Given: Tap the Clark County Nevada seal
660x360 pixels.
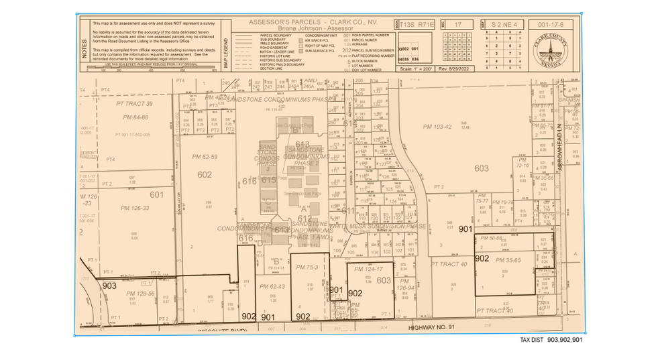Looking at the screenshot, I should [x=549, y=48].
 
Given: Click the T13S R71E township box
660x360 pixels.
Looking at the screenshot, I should [x=417, y=24].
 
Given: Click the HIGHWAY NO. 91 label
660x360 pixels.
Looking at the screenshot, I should [x=435, y=326].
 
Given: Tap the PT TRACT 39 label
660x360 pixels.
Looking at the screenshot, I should [x=134, y=104].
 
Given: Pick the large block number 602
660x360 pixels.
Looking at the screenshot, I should [x=205, y=174].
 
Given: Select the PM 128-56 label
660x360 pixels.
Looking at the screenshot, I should [x=140, y=294].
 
